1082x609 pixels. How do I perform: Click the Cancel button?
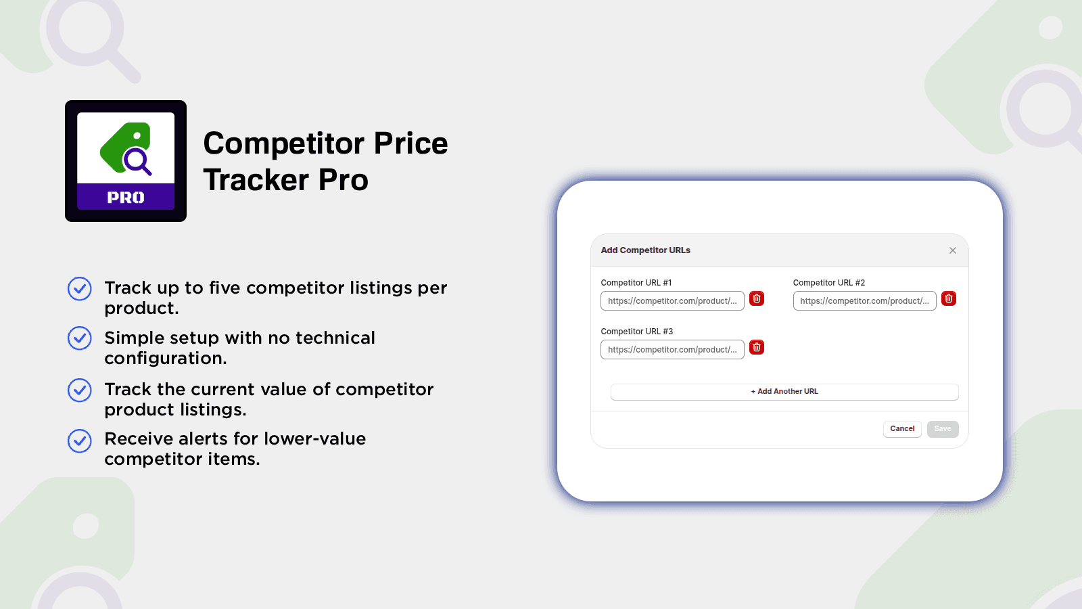coord(902,429)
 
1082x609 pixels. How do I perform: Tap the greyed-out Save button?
coord(943,429)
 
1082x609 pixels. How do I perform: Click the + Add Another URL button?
coord(784,392)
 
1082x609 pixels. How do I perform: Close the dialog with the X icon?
coord(953,250)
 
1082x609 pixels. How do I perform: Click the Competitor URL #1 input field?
coord(672,300)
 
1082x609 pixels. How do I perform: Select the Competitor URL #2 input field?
coord(865,300)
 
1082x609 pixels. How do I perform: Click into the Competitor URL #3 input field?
coord(672,349)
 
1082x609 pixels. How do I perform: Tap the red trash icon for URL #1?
coord(757,298)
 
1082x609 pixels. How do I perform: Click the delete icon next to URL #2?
coord(949,298)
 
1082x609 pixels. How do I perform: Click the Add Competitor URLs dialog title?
coord(645,250)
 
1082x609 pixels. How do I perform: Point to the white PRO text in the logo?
coord(126,197)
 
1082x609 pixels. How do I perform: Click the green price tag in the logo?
coord(124,146)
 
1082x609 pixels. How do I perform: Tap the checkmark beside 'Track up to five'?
coord(80,288)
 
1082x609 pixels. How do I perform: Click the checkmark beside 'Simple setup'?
coord(80,338)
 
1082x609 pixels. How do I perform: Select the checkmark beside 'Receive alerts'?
coord(80,441)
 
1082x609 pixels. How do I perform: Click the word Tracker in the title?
coord(256,180)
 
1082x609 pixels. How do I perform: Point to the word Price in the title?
coord(410,143)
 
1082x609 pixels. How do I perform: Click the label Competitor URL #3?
coord(636,332)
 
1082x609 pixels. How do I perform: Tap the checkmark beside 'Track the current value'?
coord(80,390)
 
